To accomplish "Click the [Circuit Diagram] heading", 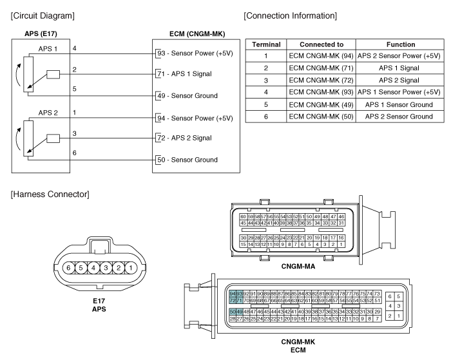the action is tap(43, 16).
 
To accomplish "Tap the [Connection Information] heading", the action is tap(290, 16).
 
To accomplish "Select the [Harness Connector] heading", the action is tap(50, 194).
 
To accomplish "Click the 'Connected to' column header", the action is tap(321, 44).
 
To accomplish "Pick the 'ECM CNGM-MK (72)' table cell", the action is tap(321, 81).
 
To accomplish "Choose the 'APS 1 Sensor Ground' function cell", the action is tap(399, 105).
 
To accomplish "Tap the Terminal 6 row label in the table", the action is tap(266, 117).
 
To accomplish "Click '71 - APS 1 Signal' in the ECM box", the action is tap(185, 74).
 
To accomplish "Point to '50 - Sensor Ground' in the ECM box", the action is tap(187, 160).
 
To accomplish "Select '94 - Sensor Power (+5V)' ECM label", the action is tap(195, 118).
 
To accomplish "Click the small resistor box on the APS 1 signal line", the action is tap(53, 75).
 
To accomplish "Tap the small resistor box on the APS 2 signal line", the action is tap(53, 138).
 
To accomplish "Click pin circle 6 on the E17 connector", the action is tap(68, 268).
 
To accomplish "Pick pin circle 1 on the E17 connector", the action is tap(131, 268).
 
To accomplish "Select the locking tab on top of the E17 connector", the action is tap(100, 245).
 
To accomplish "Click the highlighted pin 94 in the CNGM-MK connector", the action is tap(233, 294).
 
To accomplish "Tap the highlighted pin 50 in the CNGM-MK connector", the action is tap(233, 312).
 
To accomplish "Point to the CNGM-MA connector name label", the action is tap(298, 267).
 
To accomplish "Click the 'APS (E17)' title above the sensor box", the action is tap(41, 34).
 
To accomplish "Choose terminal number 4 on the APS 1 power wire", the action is tap(75, 48).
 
